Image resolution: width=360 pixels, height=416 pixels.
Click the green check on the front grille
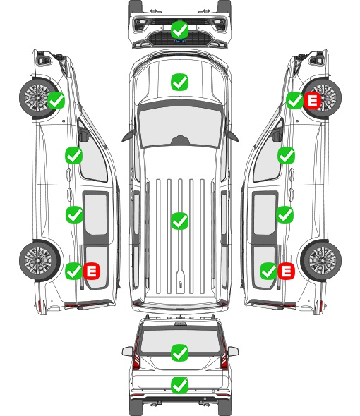(180, 30)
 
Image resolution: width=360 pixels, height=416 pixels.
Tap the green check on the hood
(180, 82)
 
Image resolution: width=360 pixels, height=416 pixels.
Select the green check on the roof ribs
(180, 221)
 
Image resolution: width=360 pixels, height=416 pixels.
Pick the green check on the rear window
(180, 353)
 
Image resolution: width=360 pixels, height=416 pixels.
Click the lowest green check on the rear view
(180, 385)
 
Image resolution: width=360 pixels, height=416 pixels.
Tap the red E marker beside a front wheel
(313, 101)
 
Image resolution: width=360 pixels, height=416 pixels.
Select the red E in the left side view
(91, 271)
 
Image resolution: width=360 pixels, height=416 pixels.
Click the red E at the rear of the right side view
(286, 271)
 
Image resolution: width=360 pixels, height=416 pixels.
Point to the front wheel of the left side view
(39, 97)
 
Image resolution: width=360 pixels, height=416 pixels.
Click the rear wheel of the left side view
(40, 260)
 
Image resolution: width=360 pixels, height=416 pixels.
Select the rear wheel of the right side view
(321, 260)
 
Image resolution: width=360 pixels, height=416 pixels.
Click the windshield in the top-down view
(180, 127)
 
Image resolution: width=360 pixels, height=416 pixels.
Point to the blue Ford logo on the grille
(180, 41)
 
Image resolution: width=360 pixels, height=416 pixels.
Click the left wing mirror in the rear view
(128, 351)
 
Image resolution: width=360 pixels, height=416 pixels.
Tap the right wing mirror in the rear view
(233, 351)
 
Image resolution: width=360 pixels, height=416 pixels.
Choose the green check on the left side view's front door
(73, 155)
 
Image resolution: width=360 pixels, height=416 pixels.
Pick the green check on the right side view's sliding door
(284, 214)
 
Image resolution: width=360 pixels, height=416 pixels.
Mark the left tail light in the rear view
(136, 354)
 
